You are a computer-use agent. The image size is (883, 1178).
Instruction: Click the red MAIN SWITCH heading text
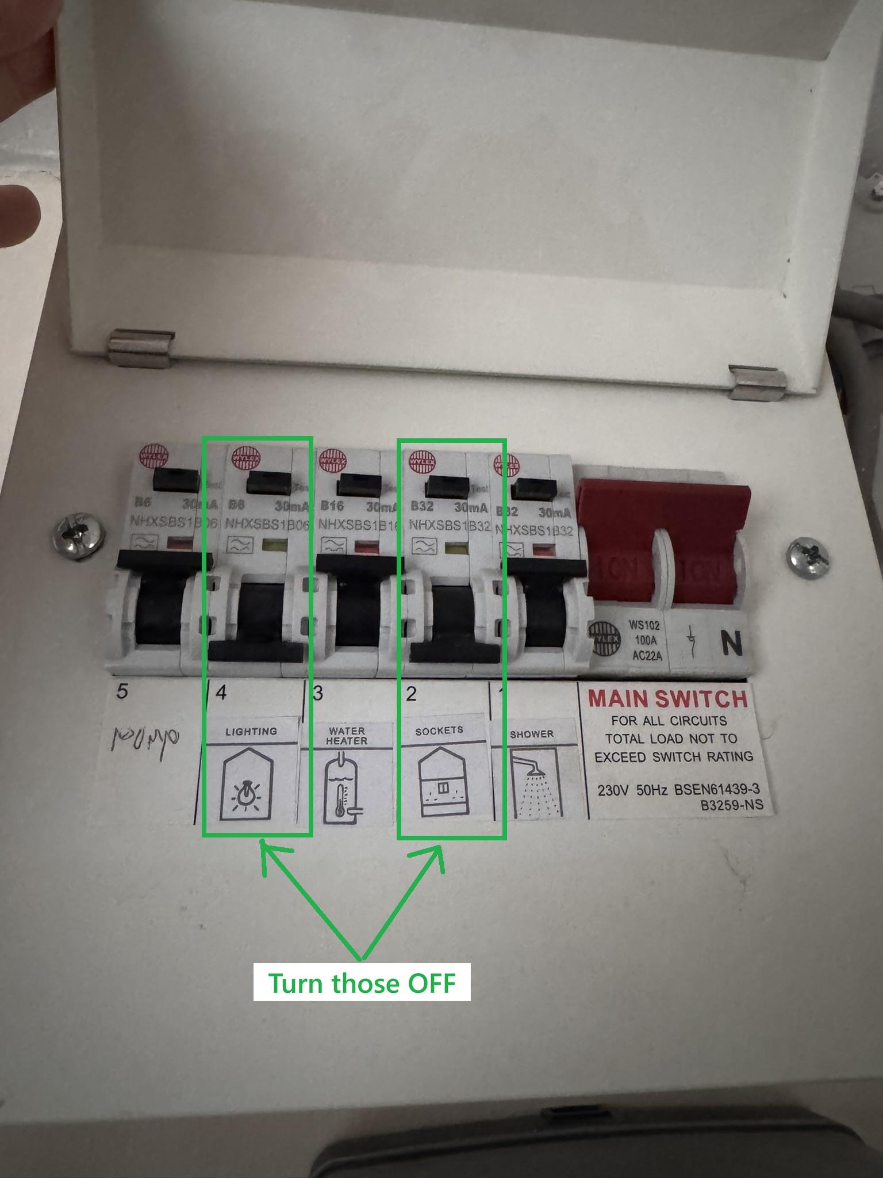coord(667,699)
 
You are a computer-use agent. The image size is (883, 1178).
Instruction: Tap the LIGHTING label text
coord(251,732)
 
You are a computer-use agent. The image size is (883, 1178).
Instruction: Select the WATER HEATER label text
coord(347,736)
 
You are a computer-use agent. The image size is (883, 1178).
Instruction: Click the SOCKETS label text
coord(439,730)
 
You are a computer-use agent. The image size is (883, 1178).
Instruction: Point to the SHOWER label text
coord(532,735)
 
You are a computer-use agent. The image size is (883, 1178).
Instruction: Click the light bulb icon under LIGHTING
coord(245,794)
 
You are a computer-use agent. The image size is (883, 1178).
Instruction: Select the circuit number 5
coord(122,691)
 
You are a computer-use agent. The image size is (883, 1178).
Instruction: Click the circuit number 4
coord(221,692)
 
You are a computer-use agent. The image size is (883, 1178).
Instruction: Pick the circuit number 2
coord(410,694)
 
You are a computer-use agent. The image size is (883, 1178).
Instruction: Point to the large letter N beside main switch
coord(731,644)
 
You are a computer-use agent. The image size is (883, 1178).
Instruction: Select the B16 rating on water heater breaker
coord(332,506)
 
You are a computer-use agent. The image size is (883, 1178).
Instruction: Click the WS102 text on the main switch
coord(644,625)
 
